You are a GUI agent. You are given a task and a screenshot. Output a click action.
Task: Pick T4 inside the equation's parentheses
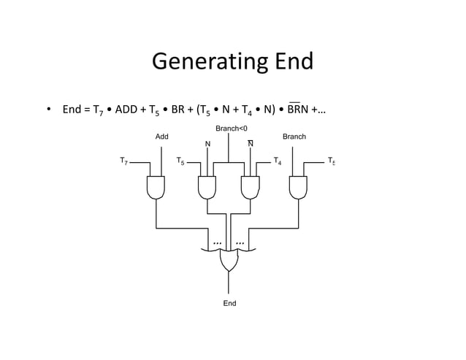click(249, 111)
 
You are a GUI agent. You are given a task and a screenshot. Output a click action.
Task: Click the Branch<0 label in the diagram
click(231, 129)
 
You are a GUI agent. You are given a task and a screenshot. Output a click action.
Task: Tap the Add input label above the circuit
click(162, 137)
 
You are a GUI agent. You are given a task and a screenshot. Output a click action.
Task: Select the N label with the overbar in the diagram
click(251, 144)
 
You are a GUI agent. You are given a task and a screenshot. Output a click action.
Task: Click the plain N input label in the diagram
click(207, 144)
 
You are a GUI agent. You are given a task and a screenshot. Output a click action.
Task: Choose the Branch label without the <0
click(294, 137)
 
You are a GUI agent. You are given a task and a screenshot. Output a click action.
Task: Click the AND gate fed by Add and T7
click(156, 188)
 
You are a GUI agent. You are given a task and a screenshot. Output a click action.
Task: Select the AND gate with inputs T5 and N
click(207, 188)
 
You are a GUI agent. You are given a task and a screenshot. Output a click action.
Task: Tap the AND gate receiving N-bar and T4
click(251, 188)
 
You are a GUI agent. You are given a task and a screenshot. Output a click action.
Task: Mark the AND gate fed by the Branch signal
click(298, 188)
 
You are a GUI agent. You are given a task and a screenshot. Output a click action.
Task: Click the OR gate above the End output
click(229, 260)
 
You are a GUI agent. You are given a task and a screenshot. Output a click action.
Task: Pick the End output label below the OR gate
click(229, 303)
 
